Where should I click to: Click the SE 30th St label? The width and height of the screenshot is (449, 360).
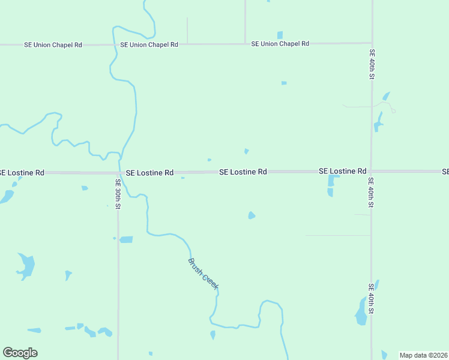pos(118,194)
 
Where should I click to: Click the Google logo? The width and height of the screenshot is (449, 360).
pos(20,352)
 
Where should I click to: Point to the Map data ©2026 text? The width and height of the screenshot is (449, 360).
pos(423,355)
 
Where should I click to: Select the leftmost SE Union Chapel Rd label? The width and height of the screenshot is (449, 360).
pos(53,44)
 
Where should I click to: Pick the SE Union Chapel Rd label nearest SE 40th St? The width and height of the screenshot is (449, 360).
pos(280,44)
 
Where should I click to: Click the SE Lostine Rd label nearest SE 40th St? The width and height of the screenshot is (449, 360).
pos(342,171)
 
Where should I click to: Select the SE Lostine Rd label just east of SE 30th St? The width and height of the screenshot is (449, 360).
pos(149,172)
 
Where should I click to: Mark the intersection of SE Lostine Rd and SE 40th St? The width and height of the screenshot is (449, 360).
pos(371,172)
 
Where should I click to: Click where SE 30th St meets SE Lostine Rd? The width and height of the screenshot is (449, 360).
pos(118,172)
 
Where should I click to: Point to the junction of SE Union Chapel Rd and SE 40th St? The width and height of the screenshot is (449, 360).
pos(372,43)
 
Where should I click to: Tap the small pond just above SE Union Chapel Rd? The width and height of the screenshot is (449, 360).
pos(280,35)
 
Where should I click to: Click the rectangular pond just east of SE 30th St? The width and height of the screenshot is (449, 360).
pos(126,239)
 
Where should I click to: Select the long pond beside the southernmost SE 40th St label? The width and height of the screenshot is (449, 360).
pos(361,312)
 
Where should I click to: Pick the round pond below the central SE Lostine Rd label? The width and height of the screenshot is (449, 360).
pos(252,215)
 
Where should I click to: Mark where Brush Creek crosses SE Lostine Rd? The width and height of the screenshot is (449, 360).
pos(122,172)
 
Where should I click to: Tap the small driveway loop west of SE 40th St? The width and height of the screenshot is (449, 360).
pos(393,110)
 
